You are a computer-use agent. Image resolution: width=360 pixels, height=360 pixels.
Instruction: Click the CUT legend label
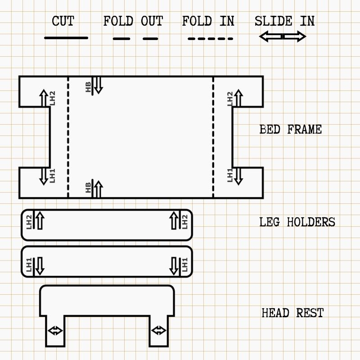point(63,21)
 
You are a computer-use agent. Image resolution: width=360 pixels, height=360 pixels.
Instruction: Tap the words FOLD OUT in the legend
point(133,21)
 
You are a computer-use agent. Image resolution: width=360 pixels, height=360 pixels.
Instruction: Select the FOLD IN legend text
point(208,21)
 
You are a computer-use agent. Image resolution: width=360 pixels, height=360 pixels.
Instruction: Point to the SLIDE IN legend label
point(284,21)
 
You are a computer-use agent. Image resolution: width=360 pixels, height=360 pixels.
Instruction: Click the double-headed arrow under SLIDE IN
point(283,37)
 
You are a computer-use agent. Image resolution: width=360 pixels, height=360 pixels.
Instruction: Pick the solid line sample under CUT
point(66,38)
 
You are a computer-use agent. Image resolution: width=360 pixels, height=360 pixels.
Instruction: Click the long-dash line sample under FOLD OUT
point(135,39)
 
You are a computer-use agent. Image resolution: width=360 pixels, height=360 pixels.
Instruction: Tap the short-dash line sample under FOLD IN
point(210,39)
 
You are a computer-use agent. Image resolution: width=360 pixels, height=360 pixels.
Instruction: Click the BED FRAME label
point(291,130)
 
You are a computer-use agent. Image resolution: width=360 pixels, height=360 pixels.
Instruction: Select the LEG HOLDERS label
point(297,222)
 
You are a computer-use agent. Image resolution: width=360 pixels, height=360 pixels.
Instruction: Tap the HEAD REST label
point(292,313)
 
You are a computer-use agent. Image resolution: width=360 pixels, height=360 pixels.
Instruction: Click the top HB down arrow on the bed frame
point(98,85)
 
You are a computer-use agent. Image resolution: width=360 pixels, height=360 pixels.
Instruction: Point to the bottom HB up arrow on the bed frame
point(98,189)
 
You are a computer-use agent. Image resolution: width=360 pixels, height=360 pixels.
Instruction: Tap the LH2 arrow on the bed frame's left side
point(43,98)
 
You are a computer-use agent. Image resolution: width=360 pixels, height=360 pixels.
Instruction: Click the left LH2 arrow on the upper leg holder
point(40,220)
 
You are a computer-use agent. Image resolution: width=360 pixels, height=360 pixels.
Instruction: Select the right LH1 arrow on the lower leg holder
point(174,265)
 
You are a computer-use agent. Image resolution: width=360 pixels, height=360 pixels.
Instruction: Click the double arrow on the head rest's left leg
point(55,331)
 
